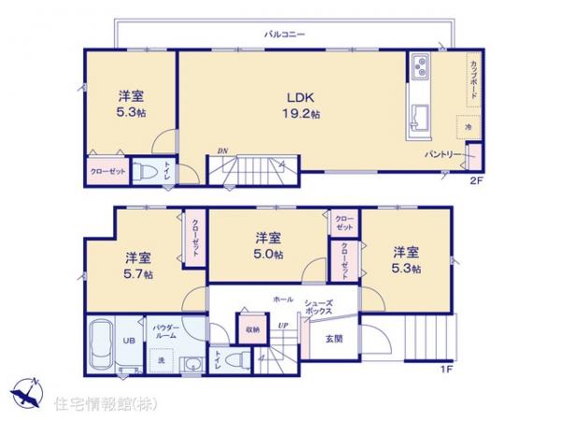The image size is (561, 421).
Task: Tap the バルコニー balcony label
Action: coord(284,34)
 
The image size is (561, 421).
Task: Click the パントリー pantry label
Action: coord(441,153)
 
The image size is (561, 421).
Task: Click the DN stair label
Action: coord(223,152)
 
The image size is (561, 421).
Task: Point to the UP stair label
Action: coord(281,325)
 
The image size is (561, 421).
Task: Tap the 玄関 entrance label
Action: coord(334,339)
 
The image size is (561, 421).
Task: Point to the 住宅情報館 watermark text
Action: coord(105,403)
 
